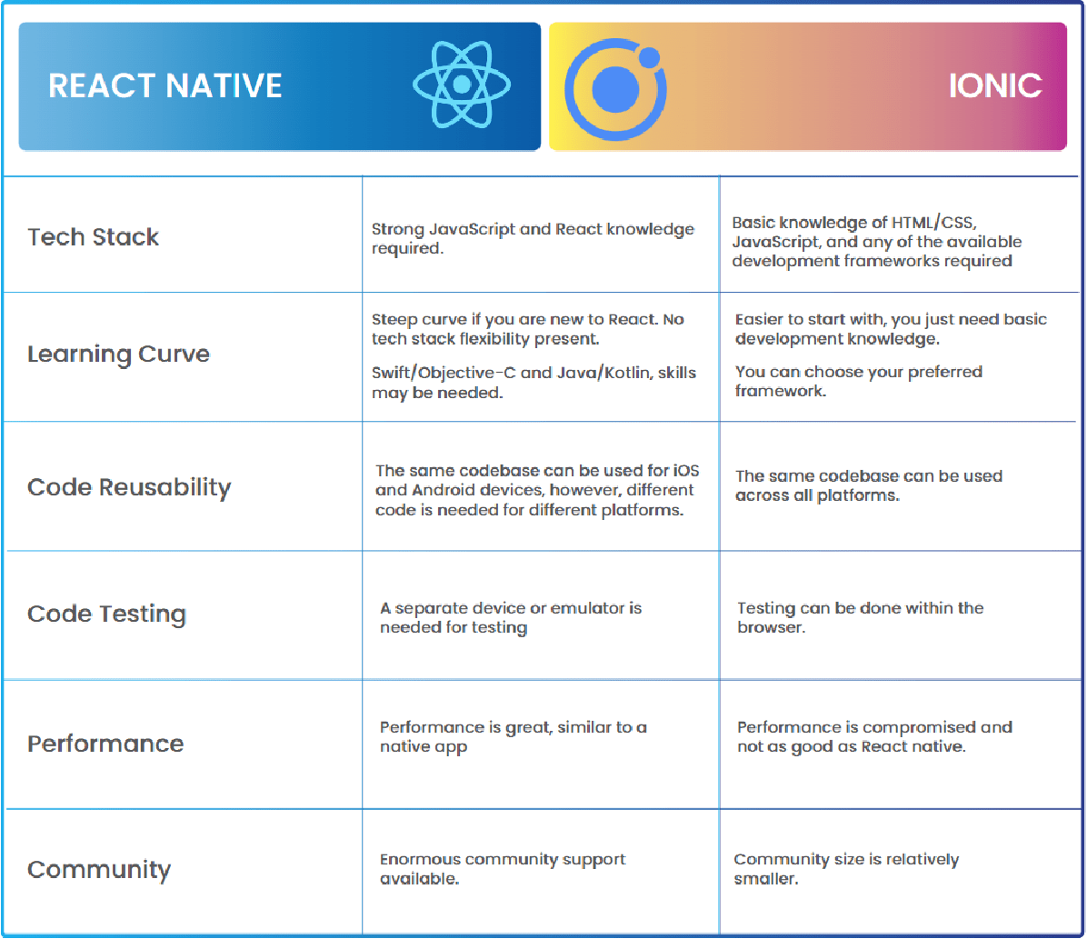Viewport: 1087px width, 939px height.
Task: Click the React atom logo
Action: pos(461,85)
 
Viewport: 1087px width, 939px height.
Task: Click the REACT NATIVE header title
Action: pos(165,85)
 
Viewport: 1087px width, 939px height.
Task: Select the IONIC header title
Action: pos(995,85)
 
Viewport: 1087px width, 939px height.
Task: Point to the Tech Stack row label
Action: pos(94,237)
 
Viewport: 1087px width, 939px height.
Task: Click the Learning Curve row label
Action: pos(118,354)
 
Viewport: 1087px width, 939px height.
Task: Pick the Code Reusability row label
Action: pos(129,487)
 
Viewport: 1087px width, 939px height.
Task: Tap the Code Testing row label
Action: pos(106,614)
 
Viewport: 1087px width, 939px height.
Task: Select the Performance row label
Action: pos(105,744)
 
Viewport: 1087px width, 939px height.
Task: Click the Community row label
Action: pos(99,869)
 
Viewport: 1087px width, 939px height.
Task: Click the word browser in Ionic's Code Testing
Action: pos(770,628)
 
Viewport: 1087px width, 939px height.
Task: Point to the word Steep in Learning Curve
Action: pos(394,320)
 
